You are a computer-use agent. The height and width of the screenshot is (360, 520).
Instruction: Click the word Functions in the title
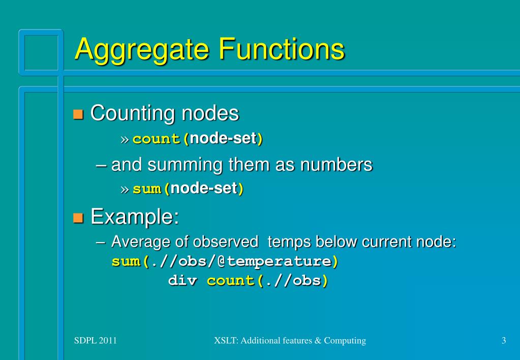tap(281, 50)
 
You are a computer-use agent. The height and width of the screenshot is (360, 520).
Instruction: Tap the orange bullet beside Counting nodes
tap(78, 114)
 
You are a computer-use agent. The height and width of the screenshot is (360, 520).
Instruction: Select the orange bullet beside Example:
tap(78, 218)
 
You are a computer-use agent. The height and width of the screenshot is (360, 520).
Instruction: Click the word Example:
tap(135, 217)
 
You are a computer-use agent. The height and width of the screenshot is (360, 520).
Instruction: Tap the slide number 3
tap(503, 341)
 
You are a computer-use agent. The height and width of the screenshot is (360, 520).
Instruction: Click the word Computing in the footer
tap(348, 341)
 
